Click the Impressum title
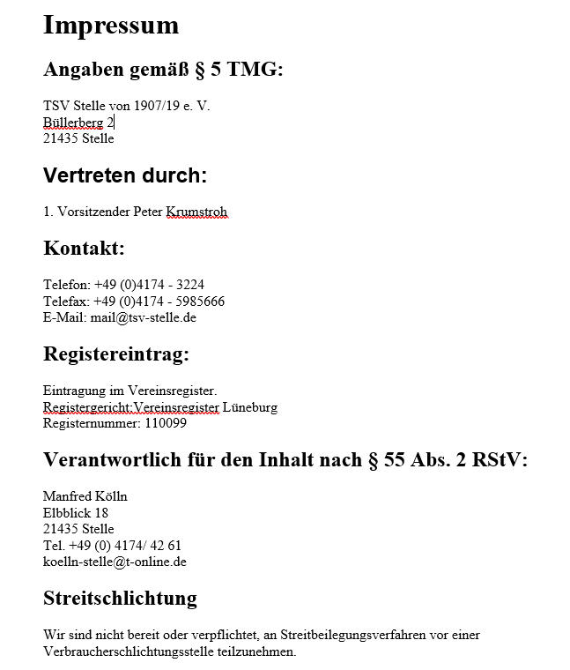click(x=111, y=25)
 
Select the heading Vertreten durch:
click(x=125, y=175)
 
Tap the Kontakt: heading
click(x=84, y=249)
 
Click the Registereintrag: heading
click(x=116, y=354)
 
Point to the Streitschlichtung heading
click(x=120, y=599)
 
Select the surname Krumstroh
click(x=196, y=212)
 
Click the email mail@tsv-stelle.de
click(x=143, y=317)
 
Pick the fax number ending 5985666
click(x=197, y=301)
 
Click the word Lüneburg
click(x=250, y=407)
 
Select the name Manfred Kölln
click(x=85, y=497)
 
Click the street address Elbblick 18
click(x=76, y=513)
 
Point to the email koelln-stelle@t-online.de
click(x=115, y=562)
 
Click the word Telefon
click(x=65, y=285)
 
